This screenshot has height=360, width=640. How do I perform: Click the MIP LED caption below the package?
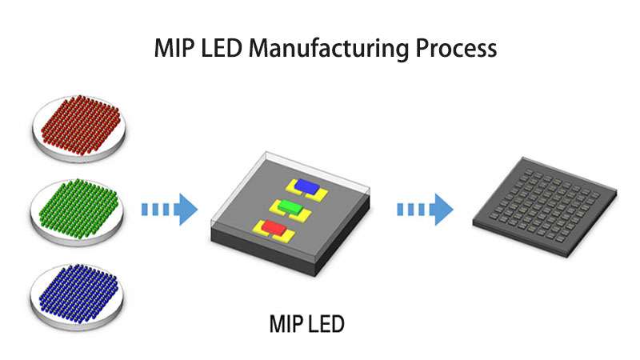coord(307,325)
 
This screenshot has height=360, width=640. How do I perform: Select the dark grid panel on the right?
coord(544,210)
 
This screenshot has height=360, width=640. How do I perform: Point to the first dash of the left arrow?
coord(146,210)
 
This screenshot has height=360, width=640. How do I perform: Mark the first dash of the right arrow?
coord(402,210)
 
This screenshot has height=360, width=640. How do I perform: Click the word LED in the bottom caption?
coord(327,325)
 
